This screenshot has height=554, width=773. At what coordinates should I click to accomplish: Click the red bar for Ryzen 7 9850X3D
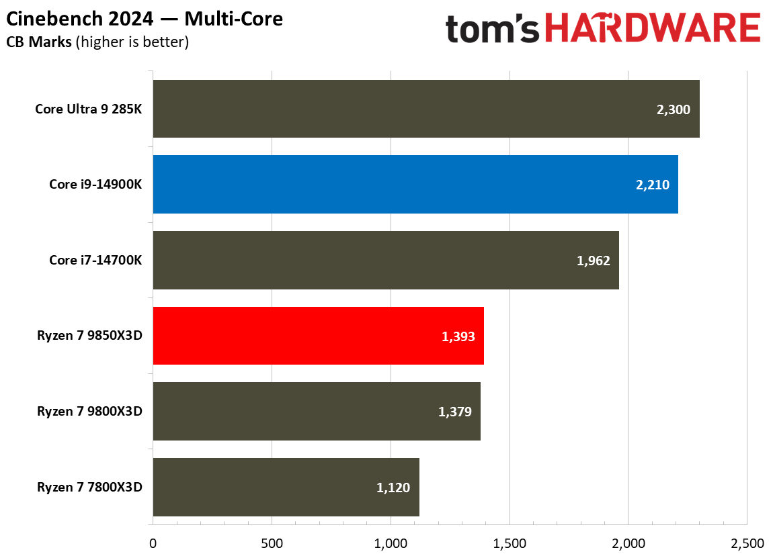(318, 336)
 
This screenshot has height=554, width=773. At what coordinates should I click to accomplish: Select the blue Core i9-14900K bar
(415, 185)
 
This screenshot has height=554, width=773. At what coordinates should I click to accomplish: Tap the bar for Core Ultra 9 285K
(425, 109)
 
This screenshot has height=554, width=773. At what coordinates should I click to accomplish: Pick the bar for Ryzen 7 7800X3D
(286, 487)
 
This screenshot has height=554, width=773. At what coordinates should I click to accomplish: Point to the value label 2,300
(673, 109)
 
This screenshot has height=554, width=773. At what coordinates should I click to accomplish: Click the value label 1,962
(593, 261)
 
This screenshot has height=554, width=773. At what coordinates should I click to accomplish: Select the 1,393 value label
(458, 336)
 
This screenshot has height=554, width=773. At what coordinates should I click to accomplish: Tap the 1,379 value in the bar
(454, 412)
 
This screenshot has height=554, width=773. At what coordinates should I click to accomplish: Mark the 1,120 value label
(393, 488)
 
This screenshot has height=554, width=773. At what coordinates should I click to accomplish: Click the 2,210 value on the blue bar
(652, 185)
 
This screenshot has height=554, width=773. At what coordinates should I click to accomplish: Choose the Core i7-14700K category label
(95, 261)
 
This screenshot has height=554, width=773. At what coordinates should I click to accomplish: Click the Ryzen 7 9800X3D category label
(89, 412)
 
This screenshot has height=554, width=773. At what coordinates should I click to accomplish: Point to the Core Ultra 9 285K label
(88, 109)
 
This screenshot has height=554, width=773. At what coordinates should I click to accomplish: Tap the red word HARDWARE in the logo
(652, 30)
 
